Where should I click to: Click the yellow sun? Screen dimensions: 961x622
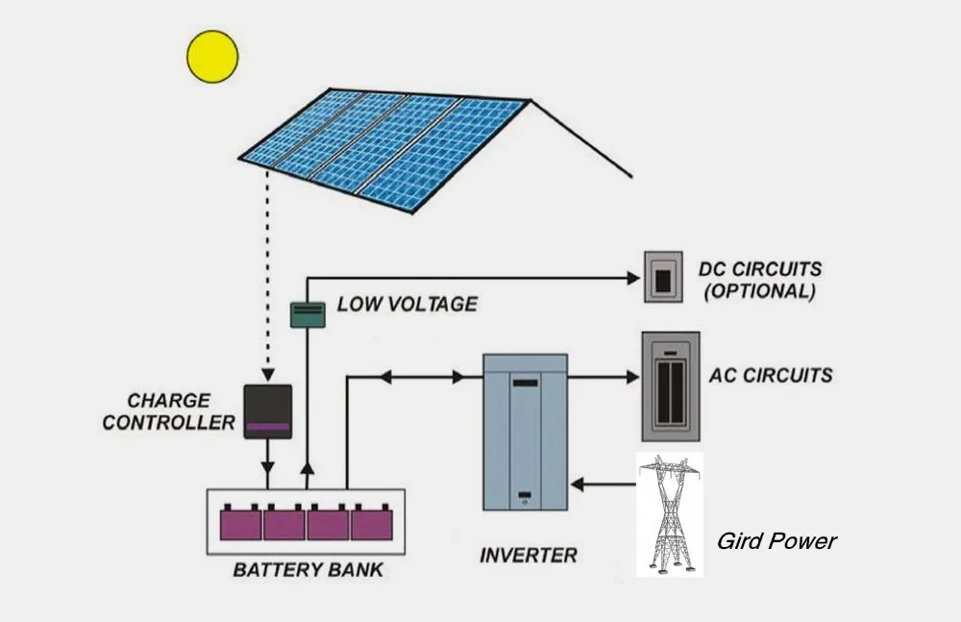pos(212,57)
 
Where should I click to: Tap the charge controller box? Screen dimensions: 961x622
pos(268,411)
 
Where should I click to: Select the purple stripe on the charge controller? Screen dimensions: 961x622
pos(268,427)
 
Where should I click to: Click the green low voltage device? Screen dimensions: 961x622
pos(308,314)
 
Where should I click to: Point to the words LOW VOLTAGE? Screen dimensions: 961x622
pos(407,304)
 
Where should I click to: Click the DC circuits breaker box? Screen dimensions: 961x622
pos(663,277)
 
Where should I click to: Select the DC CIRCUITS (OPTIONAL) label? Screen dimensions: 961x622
pos(760,280)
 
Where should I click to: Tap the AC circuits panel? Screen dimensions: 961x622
pos(671,386)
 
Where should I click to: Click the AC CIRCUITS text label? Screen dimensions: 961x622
pos(771,375)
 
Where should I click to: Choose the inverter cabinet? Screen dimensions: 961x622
pos(526,433)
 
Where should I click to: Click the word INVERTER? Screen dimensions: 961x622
pos(529,555)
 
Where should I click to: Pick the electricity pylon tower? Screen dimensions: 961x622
pos(669,514)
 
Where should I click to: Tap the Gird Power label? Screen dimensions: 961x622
pos(776,541)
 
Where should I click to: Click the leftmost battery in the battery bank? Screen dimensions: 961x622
pos(241,523)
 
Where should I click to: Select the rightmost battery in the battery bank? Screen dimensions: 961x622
pos(372,523)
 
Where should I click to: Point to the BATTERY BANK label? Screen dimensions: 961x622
pos(308,570)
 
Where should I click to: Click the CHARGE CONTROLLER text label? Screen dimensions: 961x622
pos(168,411)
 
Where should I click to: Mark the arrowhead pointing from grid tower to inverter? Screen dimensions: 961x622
pos(578,485)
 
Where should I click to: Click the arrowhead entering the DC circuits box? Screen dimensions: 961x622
pos(633,278)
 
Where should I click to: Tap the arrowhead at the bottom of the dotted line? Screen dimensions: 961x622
pos(268,375)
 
